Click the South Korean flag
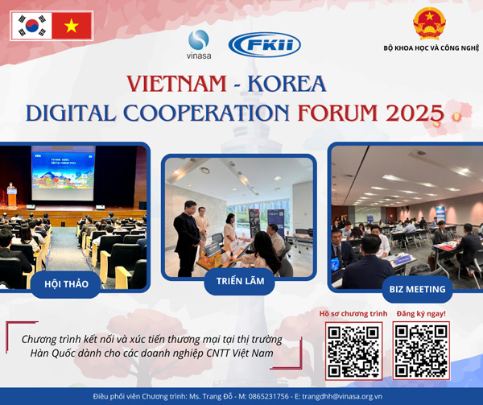pos(31,26)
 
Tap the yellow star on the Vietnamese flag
pos(72,26)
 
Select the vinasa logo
pos(199,44)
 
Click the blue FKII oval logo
pos(265,45)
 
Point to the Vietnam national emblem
pos(429,23)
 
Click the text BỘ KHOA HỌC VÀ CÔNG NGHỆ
pos(431,48)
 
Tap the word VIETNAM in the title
pos(176,84)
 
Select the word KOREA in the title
pos(287,84)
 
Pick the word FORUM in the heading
pos(337,113)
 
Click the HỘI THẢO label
pos(66,284)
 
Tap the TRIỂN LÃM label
pos(240,281)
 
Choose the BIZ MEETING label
pos(417,289)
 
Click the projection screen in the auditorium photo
pos(63,173)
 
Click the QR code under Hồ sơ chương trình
pos(353,351)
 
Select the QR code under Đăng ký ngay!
pos(421,350)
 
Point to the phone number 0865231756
pos(269,396)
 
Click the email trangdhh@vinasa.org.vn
pos(342,396)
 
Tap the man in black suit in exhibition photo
pos(187,238)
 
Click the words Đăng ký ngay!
pos(421,314)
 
